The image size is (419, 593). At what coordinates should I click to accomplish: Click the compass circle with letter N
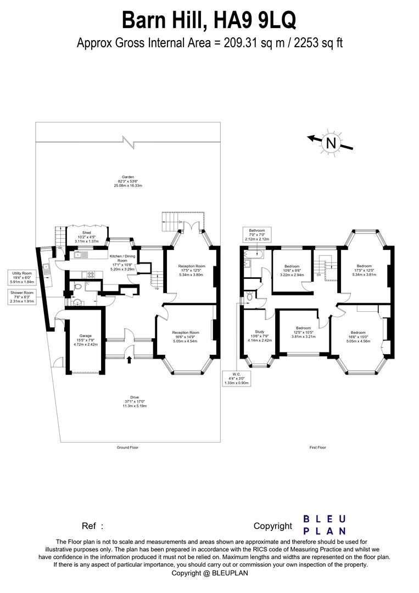(x=331, y=143)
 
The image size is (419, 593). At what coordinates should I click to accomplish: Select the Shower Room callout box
(x=21, y=297)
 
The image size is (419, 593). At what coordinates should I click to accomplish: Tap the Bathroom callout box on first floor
(x=257, y=234)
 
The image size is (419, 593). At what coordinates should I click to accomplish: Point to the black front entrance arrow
(x=129, y=360)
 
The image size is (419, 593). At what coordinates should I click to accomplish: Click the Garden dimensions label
(x=127, y=181)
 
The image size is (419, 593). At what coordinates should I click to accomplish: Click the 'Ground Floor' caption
(x=127, y=447)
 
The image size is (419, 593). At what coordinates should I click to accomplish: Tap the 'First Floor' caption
(x=317, y=447)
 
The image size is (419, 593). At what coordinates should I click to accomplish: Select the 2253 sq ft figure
(x=319, y=43)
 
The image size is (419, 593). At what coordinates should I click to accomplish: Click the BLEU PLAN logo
(x=325, y=524)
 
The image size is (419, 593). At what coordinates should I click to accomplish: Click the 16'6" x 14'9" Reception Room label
(x=185, y=336)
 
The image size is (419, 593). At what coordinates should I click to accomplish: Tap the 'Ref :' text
(x=92, y=526)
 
